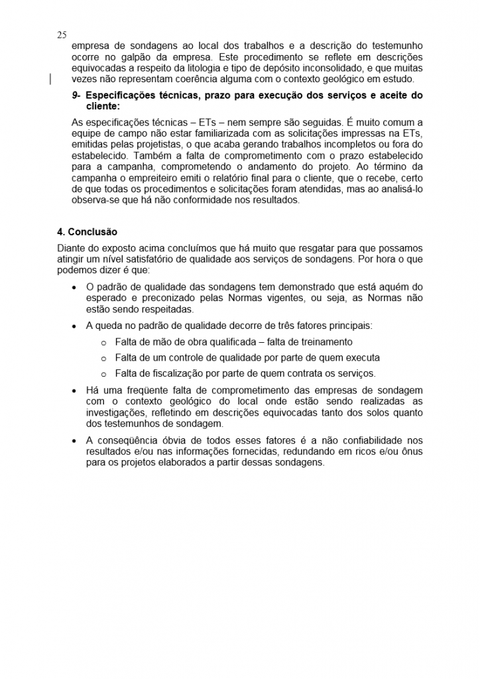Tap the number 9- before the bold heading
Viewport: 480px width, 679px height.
(77, 95)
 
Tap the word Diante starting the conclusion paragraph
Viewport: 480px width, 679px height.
(71, 248)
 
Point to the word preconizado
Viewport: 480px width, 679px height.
(171, 298)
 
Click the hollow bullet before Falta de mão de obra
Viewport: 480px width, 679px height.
(103, 342)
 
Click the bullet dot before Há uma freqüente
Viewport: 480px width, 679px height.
(73, 390)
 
